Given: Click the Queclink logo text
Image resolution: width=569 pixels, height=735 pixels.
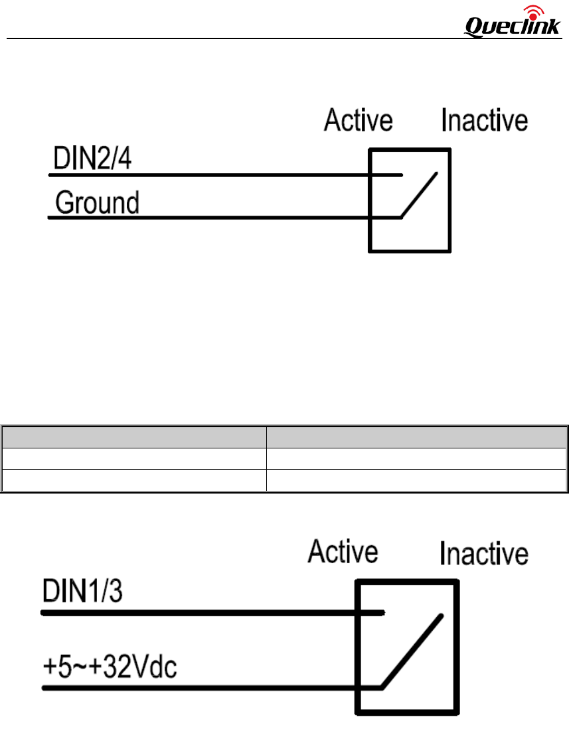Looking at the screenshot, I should click(x=512, y=27).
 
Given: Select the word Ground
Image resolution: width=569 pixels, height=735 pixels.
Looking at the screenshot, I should click(x=97, y=202).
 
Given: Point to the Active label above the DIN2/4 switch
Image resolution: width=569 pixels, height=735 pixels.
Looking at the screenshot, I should click(x=358, y=121).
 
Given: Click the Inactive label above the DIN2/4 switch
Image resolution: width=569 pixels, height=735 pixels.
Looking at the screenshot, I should click(x=484, y=121).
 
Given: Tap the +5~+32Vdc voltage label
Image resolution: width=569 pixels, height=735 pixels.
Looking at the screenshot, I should click(x=110, y=668).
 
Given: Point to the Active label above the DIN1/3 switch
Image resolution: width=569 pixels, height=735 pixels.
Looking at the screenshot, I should click(x=343, y=552).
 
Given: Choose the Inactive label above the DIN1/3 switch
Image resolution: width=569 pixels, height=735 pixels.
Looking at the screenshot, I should click(x=484, y=554).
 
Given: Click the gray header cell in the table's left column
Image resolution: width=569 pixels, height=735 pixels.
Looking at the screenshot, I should click(x=133, y=438).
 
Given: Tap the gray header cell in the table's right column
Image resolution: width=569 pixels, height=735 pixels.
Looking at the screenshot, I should click(x=416, y=438).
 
